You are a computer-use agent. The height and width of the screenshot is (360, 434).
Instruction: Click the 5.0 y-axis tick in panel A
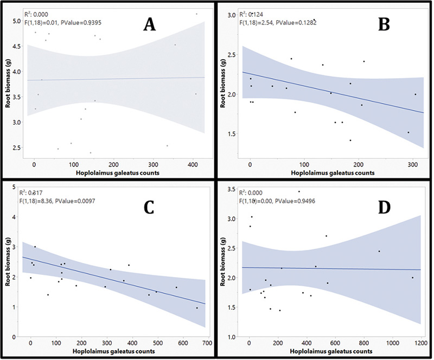point(17,21)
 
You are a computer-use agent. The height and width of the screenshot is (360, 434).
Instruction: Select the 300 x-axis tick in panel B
point(414,164)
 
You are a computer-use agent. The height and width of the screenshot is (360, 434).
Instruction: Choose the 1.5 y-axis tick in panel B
point(232,134)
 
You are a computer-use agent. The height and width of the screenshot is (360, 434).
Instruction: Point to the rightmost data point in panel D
point(412,278)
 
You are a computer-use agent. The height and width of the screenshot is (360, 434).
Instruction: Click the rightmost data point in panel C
point(197,308)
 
